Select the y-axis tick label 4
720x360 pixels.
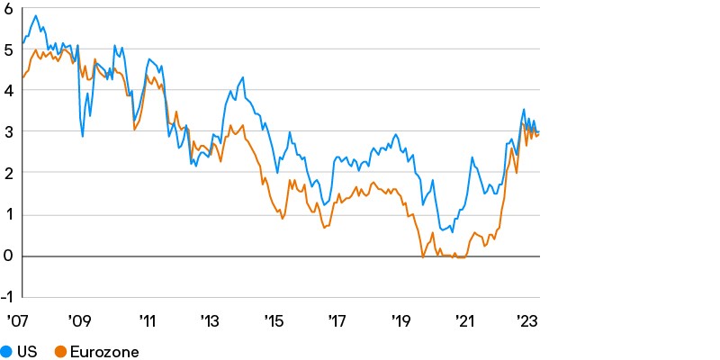point(7,91)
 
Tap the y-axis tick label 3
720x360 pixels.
point(7,132)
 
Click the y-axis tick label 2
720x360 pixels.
point(7,174)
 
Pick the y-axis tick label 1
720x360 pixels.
point(7,215)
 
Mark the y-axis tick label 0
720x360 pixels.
point(7,256)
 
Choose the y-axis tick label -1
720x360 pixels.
point(5,298)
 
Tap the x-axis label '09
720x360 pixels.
point(80,321)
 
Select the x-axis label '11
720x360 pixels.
point(146,321)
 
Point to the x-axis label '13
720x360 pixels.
point(210,321)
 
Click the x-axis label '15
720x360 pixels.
point(274,321)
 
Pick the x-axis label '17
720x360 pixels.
point(337,321)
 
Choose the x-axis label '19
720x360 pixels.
point(402,321)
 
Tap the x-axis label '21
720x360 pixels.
point(466,321)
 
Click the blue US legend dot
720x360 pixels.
point(6,352)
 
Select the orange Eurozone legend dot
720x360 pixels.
point(61,352)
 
